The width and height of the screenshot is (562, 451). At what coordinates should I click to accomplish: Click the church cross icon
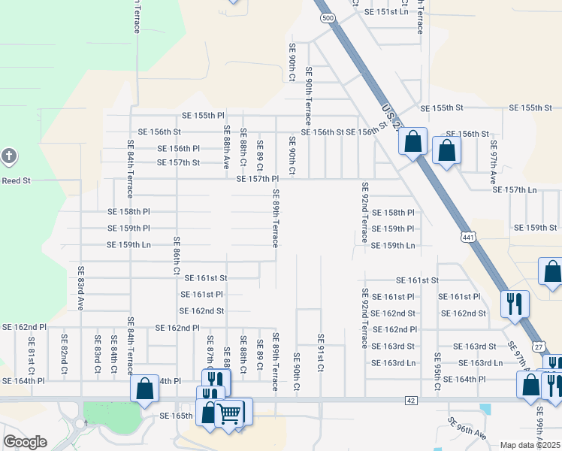[9, 157]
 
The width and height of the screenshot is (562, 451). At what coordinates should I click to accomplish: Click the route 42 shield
[409, 401]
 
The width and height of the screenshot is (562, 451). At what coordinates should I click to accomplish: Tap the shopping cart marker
[228, 412]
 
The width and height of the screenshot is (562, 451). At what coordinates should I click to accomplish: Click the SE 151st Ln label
[385, 12]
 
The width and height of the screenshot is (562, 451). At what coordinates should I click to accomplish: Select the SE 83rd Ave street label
[80, 288]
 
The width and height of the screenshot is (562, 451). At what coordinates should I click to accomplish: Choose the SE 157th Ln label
[515, 189]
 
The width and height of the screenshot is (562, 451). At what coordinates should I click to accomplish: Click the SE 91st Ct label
[321, 353]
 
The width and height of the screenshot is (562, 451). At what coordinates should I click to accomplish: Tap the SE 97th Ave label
[494, 162]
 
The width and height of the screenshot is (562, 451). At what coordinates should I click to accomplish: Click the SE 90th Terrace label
[308, 96]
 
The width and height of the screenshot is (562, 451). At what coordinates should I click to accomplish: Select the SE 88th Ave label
[226, 147]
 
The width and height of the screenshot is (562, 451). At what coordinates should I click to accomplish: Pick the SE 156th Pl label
[179, 149]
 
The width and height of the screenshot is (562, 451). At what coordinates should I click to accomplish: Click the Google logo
[25, 442]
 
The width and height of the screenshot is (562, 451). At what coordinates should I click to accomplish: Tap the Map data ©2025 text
[530, 445]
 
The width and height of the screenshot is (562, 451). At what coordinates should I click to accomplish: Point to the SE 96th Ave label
[467, 428]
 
